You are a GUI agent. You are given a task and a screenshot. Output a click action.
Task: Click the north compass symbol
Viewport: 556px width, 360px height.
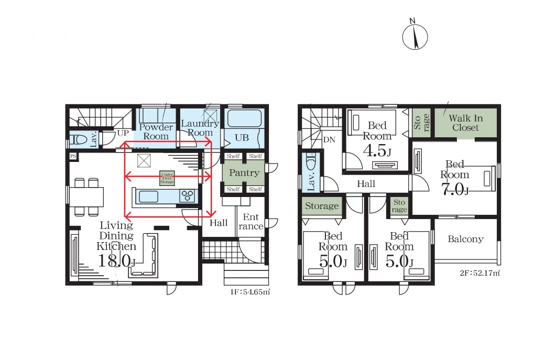[415, 36]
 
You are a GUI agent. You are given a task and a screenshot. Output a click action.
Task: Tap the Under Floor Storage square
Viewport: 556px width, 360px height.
[167, 178]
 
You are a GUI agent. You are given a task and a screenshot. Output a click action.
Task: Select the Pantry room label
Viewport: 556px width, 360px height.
[244, 173]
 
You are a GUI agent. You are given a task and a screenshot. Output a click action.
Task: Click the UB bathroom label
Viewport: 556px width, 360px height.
[242, 138]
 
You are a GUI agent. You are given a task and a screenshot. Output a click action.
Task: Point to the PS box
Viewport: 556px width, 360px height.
[73, 156]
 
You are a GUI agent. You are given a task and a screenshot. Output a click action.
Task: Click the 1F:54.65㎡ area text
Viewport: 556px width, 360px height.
[250, 292]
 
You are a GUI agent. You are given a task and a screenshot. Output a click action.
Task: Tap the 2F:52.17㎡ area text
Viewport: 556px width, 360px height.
[480, 273]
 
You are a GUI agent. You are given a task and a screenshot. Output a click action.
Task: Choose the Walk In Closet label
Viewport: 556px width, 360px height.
[465, 123]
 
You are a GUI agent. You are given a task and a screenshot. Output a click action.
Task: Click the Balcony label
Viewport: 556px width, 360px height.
[465, 239]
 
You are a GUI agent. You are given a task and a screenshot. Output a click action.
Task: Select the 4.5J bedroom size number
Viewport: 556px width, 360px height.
[377, 151]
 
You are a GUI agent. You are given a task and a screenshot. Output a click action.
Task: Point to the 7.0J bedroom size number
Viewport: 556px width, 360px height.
[455, 189]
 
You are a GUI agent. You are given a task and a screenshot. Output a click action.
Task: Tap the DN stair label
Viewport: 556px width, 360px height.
[329, 140]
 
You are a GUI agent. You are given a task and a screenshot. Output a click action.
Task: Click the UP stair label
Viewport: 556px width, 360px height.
[123, 133]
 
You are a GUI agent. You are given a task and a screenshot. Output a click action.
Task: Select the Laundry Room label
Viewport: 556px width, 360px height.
[200, 128]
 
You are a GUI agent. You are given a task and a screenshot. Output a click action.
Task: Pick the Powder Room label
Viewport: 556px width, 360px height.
[156, 132]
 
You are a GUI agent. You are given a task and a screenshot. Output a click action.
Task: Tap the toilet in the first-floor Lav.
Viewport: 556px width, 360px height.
[78, 140]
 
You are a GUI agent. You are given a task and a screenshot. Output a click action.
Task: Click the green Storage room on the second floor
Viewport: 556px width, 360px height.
[322, 206]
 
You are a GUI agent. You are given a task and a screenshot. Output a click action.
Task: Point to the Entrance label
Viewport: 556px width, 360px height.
[251, 222]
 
